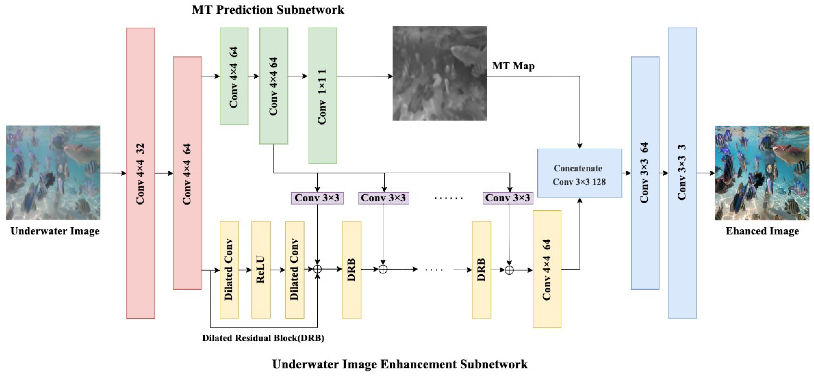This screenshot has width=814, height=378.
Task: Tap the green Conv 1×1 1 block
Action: coord(323,96)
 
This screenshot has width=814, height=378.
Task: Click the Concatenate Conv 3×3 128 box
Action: coord(580,173)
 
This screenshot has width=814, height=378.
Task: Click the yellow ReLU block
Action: coord(261,270)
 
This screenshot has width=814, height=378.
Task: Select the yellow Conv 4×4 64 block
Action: coord(547,269)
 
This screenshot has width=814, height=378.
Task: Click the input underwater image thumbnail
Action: coord(53,173)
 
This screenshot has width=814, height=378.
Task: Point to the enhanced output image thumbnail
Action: coord(762,173)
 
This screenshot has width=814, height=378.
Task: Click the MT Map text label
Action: coord(513,66)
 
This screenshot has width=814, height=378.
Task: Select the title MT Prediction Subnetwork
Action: coord(268,10)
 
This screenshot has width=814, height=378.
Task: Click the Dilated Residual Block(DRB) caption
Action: coord(263,338)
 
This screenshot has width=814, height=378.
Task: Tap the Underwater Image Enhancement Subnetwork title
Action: coord(400,364)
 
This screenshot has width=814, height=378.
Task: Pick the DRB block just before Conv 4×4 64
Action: coord(481,270)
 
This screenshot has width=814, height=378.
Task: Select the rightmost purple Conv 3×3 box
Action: coord(508,198)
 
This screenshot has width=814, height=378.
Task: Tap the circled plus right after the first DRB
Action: coord(383,270)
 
